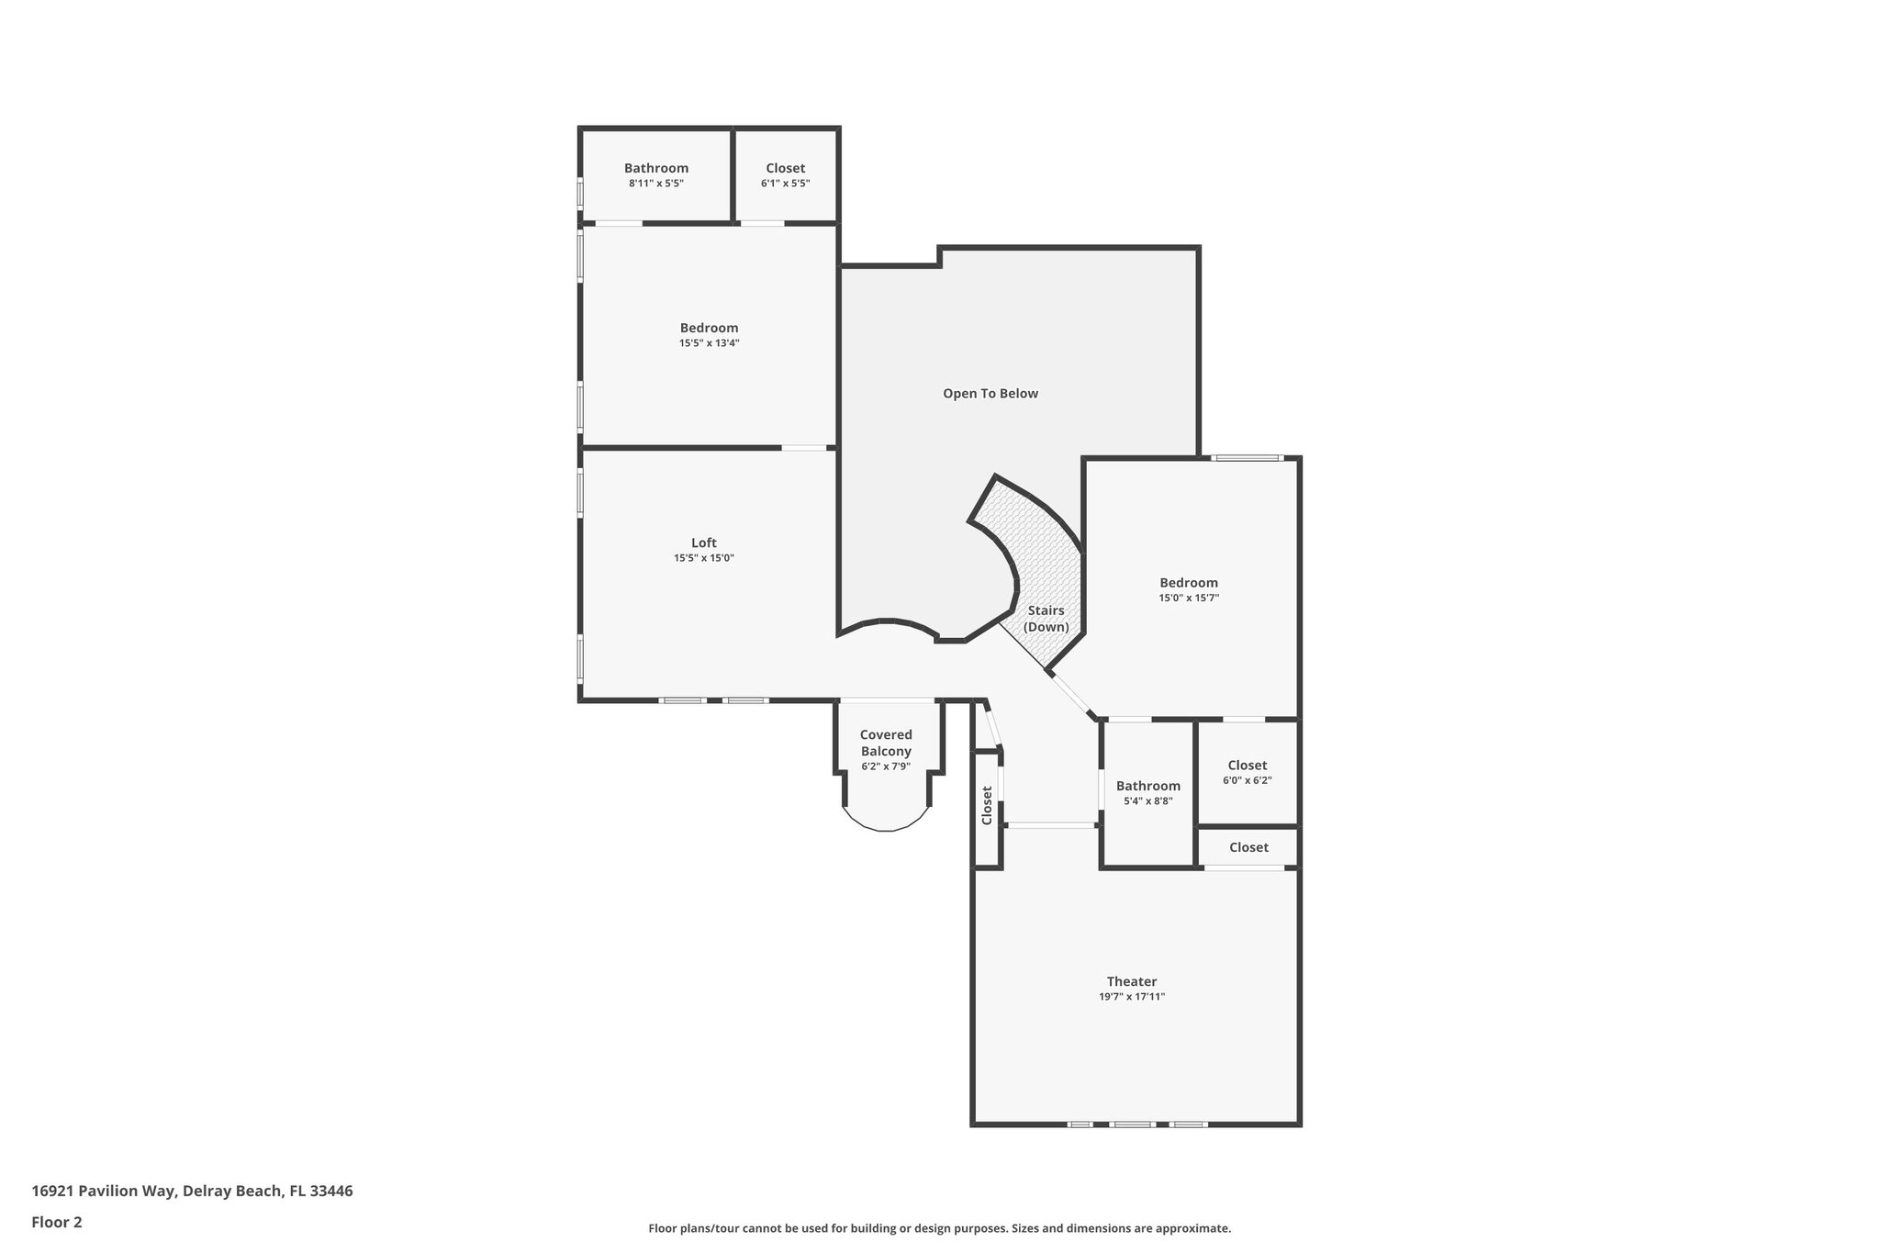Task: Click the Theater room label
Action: point(1131,981)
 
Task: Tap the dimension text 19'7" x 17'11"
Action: point(1131,997)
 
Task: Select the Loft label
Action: point(704,543)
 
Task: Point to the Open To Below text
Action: point(990,394)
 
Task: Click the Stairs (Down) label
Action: point(1046,619)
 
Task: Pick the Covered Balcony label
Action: point(886,743)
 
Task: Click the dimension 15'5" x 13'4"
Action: point(709,343)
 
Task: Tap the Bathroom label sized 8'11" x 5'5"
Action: point(656,168)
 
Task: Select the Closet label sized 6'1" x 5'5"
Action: point(785,168)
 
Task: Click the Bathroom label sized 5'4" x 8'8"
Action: point(1147,786)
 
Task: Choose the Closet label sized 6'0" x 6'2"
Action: point(1247,766)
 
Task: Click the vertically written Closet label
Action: point(987,805)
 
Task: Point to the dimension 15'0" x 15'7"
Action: point(1188,598)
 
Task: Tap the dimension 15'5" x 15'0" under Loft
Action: point(704,558)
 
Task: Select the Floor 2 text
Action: point(57,1222)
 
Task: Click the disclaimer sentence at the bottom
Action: point(939,1228)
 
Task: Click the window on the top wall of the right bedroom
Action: point(1246,458)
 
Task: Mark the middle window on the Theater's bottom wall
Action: point(1132,1124)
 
